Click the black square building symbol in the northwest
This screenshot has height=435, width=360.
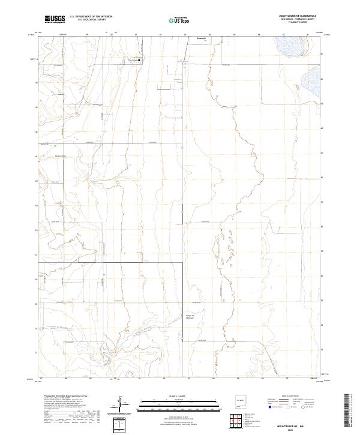139,61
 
